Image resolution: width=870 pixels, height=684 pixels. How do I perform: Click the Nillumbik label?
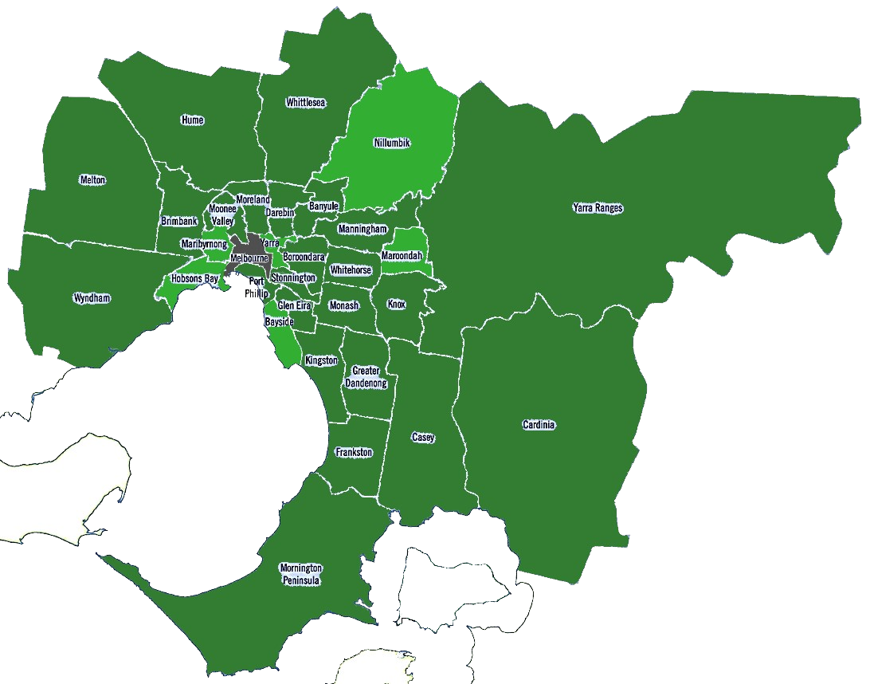pos(391,143)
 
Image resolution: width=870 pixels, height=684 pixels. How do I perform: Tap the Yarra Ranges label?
pos(598,208)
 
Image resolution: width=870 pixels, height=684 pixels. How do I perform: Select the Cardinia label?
pos(539,425)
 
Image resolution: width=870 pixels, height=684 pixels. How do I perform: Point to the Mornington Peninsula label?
pos(300,574)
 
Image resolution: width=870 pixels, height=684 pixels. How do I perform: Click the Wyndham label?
pos(92,298)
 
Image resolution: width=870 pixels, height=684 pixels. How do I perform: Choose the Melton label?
pos(92,180)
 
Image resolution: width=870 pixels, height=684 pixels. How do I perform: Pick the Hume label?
pos(192,120)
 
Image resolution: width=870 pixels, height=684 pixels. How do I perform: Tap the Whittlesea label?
pos(306,103)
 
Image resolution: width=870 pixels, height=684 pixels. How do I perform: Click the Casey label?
pos(423,438)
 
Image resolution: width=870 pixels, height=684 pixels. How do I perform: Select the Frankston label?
pos(354,452)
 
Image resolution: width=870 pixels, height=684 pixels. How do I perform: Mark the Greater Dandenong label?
pos(366,377)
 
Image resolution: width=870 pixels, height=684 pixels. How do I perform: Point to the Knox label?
pos(396,305)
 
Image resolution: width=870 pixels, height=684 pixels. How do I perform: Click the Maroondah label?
pos(402,256)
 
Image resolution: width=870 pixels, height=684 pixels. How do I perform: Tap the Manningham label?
pos(362,230)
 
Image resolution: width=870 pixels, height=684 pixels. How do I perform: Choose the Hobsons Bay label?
pos(194,279)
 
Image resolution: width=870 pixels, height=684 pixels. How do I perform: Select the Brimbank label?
pos(178,221)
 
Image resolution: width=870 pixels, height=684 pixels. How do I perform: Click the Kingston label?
pos(321,360)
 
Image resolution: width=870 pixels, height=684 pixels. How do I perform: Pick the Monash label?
pos(343,305)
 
